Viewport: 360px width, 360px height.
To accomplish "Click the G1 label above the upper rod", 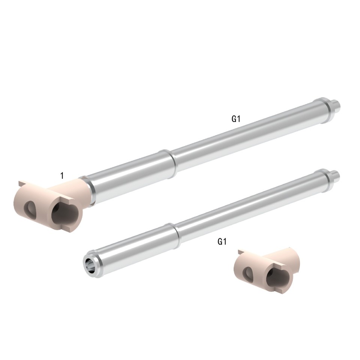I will pyautogui.click(x=235, y=119).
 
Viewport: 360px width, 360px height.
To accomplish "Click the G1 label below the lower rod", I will pyautogui.click(x=222, y=242).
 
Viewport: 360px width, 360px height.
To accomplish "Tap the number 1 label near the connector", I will pyautogui.click(x=62, y=175).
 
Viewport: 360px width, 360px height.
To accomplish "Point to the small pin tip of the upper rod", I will pyautogui.click(x=337, y=105).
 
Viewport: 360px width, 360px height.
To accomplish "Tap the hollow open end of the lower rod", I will pyautogui.click(x=90, y=263).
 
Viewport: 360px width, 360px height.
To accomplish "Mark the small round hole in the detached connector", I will pyautogui.click(x=248, y=273).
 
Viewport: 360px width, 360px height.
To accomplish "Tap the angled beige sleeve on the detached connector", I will pyautogui.click(x=291, y=259).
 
